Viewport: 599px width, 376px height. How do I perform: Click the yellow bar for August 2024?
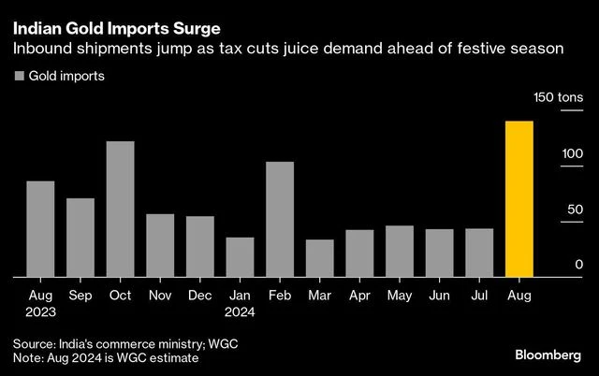(519, 199)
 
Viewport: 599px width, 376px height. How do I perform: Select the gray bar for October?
(120, 210)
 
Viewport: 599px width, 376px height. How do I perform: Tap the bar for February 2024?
(279, 220)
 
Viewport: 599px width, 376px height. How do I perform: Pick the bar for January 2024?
(240, 257)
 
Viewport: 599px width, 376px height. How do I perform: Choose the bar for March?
(319, 258)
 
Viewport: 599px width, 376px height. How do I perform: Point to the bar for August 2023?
(40, 229)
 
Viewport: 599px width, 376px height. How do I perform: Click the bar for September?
(80, 238)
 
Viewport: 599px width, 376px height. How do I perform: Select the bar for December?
(199, 247)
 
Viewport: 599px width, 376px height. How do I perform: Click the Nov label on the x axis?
(160, 296)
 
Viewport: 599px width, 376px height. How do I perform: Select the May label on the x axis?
(399, 296)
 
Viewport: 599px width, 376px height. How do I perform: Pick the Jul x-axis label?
(478, 296)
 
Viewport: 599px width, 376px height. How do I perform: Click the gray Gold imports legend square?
(19, 77)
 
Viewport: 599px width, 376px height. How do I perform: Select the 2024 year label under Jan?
(240, 312)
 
